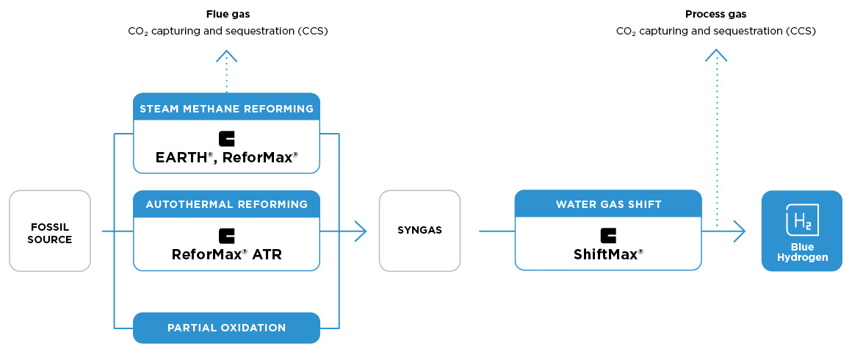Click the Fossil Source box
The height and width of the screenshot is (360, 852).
[50, 231]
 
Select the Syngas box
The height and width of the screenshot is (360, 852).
[419, 231]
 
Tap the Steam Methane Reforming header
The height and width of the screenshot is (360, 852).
[226, 109]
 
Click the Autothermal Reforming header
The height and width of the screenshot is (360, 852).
[226, 204]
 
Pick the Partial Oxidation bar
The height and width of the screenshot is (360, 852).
[226, 328]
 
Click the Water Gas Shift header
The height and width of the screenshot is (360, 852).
[608, 204]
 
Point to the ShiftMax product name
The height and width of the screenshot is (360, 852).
[608, 254]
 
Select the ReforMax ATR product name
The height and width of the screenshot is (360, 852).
[226, 255]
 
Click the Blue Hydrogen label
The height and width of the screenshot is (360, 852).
[801, 252]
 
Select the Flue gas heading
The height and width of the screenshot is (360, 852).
[227, 14]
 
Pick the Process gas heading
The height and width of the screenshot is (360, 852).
[715, 14]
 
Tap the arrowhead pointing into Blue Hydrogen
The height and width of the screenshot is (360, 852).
[740, 231]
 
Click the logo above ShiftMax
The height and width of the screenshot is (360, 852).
[608, 235]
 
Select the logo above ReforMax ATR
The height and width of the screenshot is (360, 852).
[226, 236]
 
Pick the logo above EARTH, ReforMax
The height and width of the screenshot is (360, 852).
[226, 139]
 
